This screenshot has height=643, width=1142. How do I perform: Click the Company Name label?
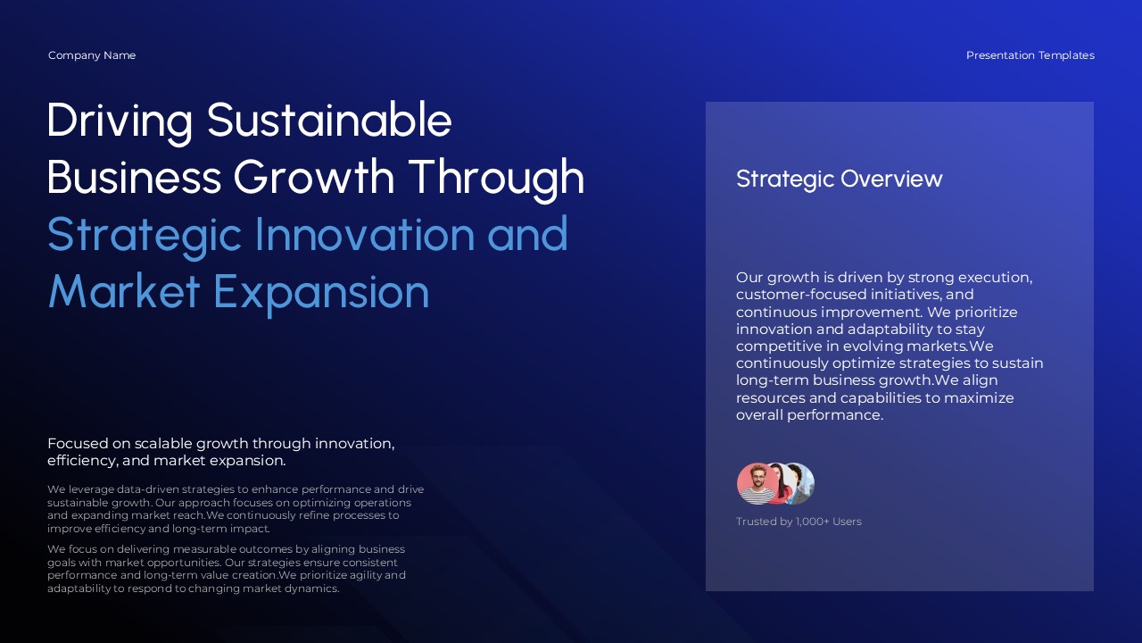click(92, 55)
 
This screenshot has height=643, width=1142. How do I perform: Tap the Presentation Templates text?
click(1030, 55)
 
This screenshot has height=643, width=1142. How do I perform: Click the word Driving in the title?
click(119, 120)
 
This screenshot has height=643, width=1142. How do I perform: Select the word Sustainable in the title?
click(329, 120)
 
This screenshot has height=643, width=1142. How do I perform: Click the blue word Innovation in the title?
click(365, 234)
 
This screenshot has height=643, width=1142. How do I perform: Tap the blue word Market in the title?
click(123, 291)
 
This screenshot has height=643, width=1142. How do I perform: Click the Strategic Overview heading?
click(839, 179)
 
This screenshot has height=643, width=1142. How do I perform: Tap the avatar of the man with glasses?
click(756, 484)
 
